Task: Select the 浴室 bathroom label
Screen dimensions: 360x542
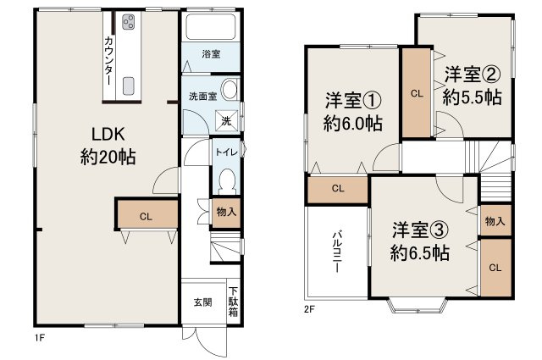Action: tap(211, 54)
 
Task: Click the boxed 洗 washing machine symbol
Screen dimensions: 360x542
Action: tap(225, 121)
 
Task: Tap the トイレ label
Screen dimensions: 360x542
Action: tap(225, 152)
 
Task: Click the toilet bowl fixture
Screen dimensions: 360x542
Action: tap(226, 180)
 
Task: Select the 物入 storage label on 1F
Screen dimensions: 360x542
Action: tap(225, 212)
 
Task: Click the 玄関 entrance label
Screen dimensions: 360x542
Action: tap(202, 302)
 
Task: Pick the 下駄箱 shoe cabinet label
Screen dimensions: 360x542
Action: tap(233, 302)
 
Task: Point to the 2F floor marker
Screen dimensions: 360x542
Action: tap(310, 309)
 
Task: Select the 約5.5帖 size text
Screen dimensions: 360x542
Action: tap(470, 97)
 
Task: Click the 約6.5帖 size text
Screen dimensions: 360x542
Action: tap(419, 252)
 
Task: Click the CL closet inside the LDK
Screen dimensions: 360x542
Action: tap(146, 217)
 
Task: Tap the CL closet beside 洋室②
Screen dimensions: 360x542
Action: tap(416, 94)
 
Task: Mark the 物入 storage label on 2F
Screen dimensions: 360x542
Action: tap(495, 221)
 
